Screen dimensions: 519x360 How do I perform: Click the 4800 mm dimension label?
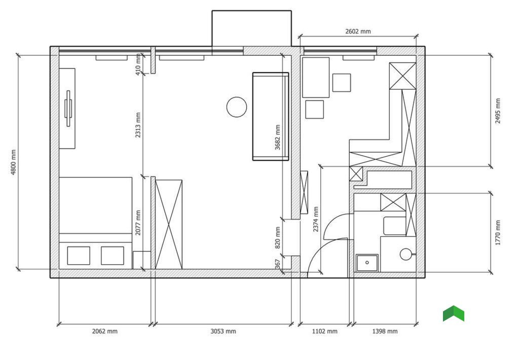(x=13, y=162)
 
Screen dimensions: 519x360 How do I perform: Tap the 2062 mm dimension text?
(x=104, y=331)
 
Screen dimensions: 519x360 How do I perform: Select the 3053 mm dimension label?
(x=223, y=331)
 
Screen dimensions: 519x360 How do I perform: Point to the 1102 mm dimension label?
(x=325, y=331)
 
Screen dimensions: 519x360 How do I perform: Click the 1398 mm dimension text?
(x=385, y=331)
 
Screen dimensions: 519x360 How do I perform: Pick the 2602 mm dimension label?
(x=358, y=31)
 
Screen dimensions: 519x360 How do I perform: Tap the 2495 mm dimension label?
(x=498, y=111)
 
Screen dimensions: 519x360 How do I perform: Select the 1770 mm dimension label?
(x=498, y=233)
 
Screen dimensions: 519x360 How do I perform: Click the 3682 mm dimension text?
(x=277, y=137)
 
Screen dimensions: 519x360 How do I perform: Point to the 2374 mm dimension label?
(x=315, y=219)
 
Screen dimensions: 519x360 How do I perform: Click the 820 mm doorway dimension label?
(x=277, y=237)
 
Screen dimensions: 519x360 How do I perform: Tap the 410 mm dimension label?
(x=138, y=64)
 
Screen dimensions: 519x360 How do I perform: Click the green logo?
(x=454, y=313)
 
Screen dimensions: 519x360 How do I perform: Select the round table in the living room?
(x=237, y=107)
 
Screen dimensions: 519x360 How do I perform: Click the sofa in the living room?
(x=271, y=116)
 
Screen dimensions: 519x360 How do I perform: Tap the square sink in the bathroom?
(x=367, y=263)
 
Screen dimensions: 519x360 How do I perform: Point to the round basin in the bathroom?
(x=406, y=255)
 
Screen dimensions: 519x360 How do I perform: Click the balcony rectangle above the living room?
(x=251, y=28)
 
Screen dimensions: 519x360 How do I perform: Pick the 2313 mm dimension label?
(x=138, y=125)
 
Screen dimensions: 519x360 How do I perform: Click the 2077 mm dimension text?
(x=138, y=223)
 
